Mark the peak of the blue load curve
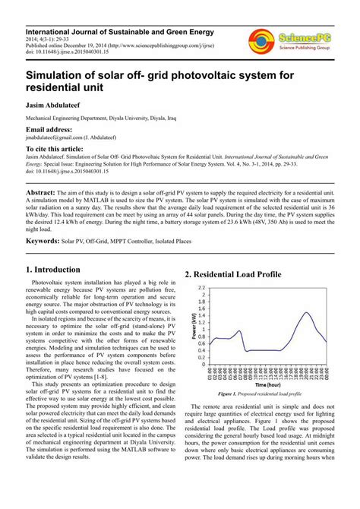[x=307, y=312]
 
